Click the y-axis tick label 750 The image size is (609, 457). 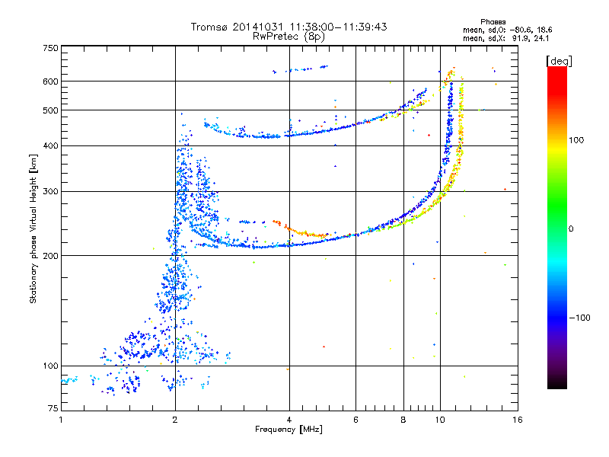point(50,47)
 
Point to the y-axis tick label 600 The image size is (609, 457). point(50,81)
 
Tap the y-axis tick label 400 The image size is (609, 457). point(50,146)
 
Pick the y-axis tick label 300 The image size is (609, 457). point(50,192)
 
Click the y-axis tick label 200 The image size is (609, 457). point(50,256)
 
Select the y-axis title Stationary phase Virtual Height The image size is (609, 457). point(34,228)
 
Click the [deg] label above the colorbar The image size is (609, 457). point(560,60)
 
